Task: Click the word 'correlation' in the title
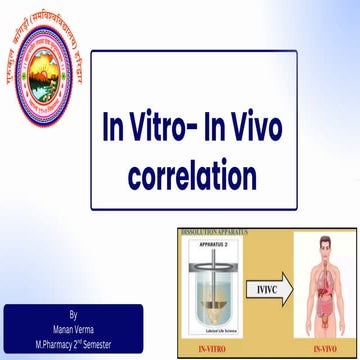(179, 176)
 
